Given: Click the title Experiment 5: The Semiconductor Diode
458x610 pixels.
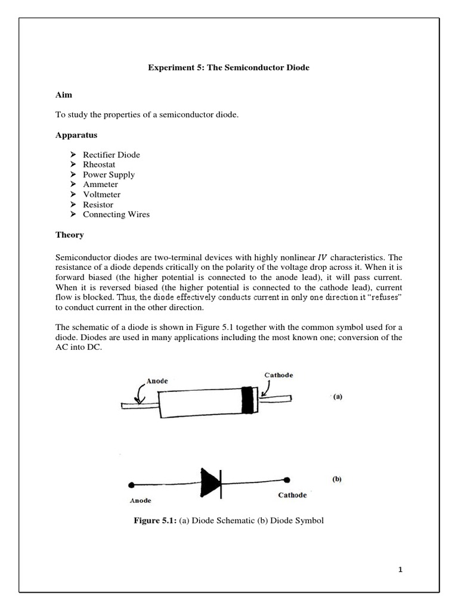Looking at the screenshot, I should (228, 68).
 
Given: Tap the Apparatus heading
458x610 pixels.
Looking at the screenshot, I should (76, 135).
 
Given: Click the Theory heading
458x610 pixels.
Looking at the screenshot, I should (70, 235).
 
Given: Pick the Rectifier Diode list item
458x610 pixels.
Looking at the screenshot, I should (115, 155).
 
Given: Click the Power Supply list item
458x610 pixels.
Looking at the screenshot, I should (113, 175).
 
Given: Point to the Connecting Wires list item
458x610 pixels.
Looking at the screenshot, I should (120, 214).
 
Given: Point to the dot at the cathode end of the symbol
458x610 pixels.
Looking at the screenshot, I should (287, 480).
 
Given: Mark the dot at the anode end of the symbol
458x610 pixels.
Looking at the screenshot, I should (131, 485).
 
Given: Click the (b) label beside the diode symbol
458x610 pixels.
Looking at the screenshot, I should (336, 478).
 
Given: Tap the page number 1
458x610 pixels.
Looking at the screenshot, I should (401, 570).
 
